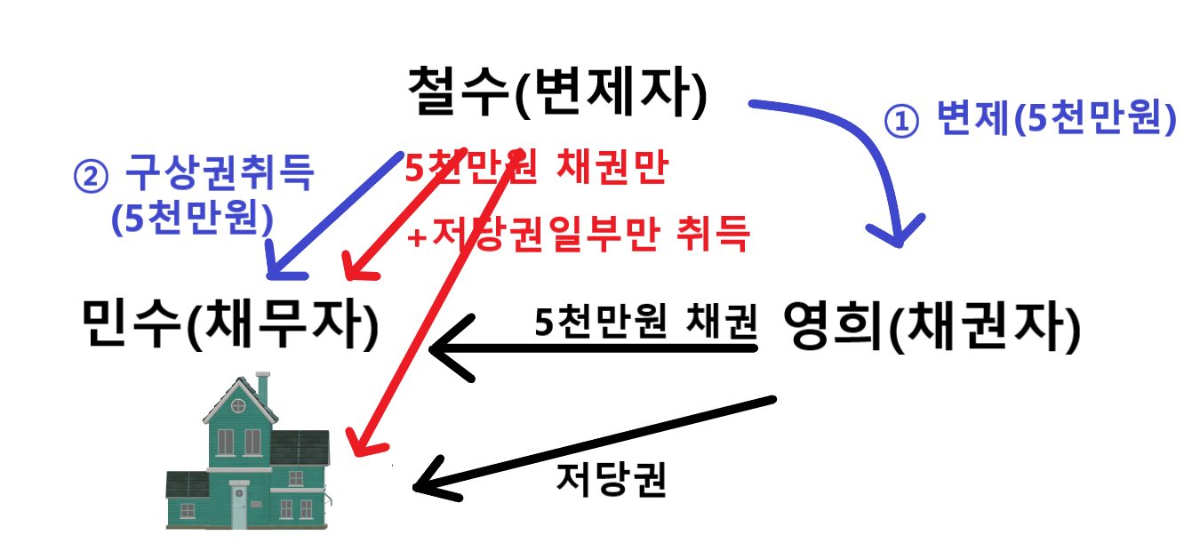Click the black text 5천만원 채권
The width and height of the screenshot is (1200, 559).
[645, 321]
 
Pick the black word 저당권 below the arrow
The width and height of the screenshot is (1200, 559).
[612, 480]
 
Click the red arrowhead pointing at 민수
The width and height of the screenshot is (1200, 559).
[351, 270]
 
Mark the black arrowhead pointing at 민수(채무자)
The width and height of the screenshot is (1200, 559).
[439, 349]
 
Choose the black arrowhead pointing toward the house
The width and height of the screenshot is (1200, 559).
[423, 484]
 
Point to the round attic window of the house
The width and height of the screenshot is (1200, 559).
[239, 405]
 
